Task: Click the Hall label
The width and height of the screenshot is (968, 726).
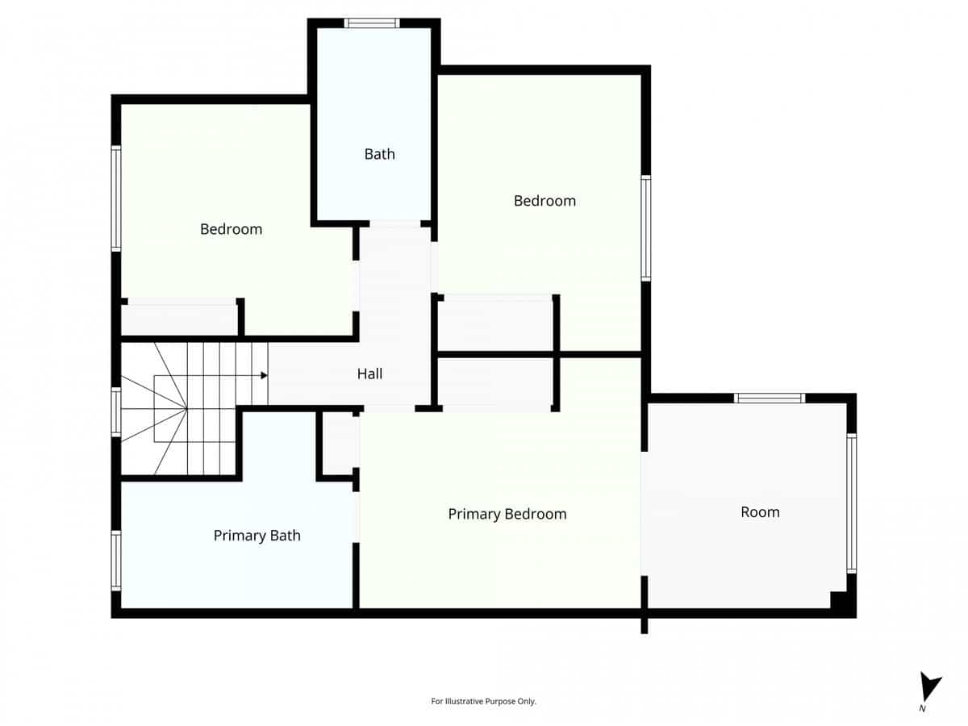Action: click(x=369, y=373)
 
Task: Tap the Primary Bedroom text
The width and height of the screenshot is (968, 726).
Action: click(x=507, y=514)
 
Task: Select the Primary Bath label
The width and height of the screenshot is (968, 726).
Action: click(x=257, y=535)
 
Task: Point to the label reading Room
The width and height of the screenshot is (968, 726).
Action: click(x=760, y=511)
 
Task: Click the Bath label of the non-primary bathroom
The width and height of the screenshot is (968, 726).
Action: click(x=379, y=153)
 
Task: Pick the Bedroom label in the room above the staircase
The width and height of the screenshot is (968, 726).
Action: click(x=231, y=229)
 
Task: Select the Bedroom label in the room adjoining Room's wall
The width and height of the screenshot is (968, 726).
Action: click(x=544, y=201)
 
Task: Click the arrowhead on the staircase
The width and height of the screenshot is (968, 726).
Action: click(x=264, y=375)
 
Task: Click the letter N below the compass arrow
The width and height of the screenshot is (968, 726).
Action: click(x=922, y=709)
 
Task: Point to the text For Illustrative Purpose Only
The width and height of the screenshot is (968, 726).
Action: click(x=483, y=701)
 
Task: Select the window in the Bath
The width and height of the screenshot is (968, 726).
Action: click(x=372, y=23)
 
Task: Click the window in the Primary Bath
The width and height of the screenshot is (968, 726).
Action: click(x=116, y=560)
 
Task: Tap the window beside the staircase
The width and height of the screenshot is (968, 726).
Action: click(x=116, y=414)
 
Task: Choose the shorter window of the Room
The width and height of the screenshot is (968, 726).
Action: click(x=769, y=398)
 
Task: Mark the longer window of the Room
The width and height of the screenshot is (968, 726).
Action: click(x=851, y=503)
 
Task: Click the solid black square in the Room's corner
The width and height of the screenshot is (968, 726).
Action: click(x=841, y=601)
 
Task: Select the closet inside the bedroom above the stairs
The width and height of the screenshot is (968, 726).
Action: click(x=180, y=319)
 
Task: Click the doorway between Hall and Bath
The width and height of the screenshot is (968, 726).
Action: click(x=394, y=223)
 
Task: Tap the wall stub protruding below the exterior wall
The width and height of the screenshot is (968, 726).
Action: click(x=644, y=625)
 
